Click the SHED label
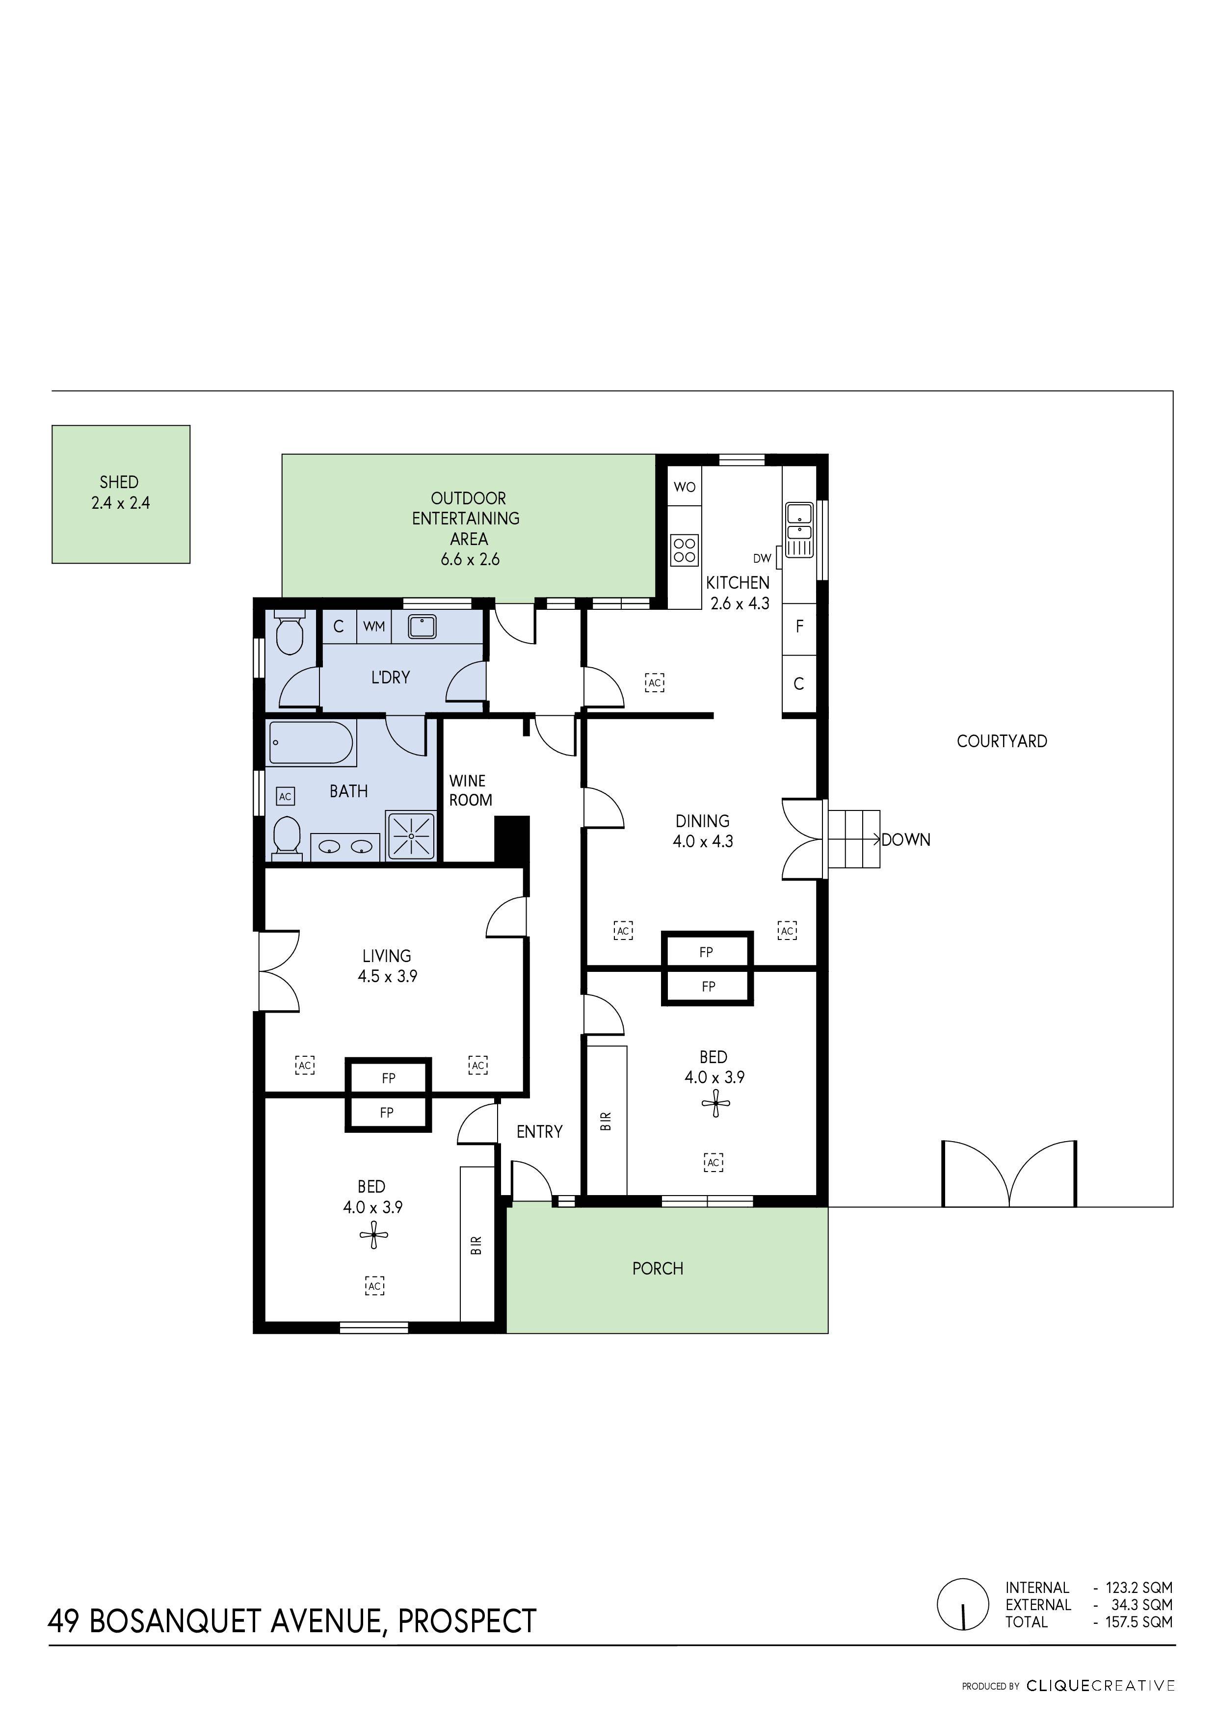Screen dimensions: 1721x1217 tap(119, 482)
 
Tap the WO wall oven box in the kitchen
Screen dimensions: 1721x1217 tap(685, 487)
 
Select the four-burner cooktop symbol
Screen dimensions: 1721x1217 tap(685, 548)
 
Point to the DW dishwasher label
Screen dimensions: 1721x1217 tap(762, 558)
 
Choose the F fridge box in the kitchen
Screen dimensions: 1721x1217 tap(799, 626)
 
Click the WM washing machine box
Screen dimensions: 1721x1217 tap(373, 626)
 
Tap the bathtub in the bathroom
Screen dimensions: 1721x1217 tap(311, 742)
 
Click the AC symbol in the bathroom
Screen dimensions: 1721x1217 tap(285, 797)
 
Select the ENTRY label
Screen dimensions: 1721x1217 tap(539, 1132)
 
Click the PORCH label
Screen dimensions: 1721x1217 tap(658, 1268)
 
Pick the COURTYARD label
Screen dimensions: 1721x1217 tap(1001, 741)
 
